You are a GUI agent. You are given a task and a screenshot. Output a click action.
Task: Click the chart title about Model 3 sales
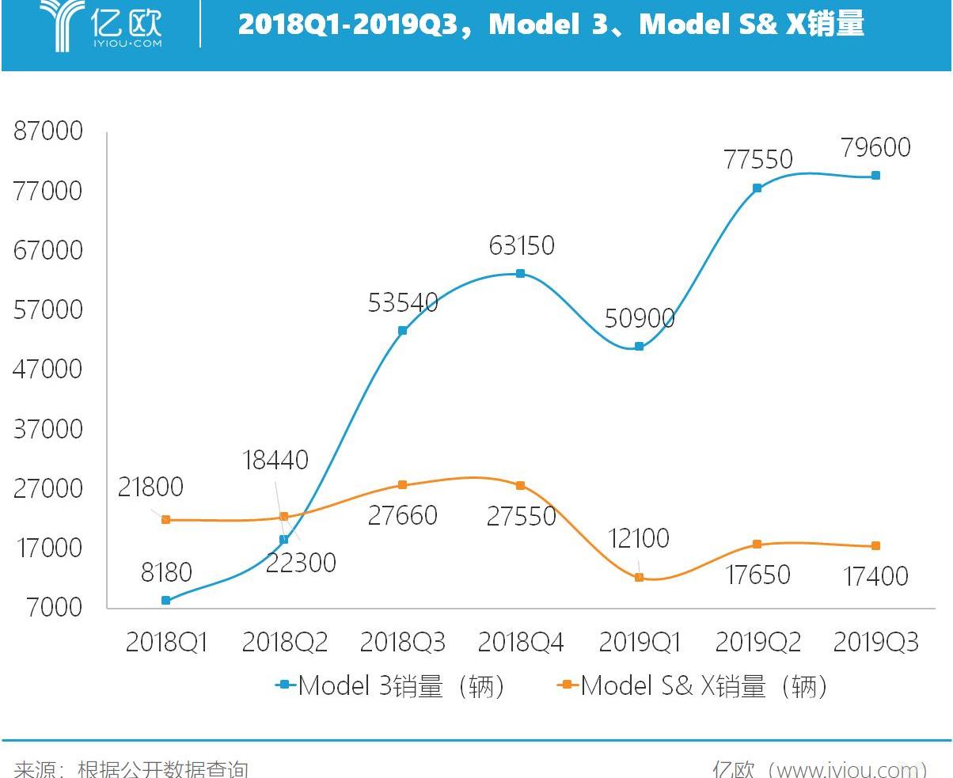[551, 24]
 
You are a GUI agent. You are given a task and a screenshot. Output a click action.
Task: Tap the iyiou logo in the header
[101, 25]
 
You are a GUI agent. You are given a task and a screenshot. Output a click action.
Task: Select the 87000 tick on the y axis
[48, 131]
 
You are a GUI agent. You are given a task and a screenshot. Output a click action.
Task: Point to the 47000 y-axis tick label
[48, 369]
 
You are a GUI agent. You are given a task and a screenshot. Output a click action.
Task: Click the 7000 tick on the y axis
[53, 607]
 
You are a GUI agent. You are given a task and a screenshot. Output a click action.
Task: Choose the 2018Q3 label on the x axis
[402, 642]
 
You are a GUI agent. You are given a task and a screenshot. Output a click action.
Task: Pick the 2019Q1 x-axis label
[639, 642]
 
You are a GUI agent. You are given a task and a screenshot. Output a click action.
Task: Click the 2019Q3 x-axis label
[875, 642]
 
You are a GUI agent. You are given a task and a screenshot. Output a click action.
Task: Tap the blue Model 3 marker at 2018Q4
[520, 274]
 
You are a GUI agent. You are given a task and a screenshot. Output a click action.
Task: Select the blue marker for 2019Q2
[757, 188]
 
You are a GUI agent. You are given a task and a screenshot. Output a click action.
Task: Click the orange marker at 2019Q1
[640, 578]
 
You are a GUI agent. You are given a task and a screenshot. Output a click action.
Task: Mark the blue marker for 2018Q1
[165, 601]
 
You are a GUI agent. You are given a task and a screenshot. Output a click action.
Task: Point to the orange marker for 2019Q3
[875, 546]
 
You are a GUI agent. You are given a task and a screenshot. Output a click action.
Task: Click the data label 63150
[521, 245]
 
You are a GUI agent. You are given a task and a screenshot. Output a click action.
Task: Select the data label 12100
[638, 538]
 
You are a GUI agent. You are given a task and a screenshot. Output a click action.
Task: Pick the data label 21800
[150, 487]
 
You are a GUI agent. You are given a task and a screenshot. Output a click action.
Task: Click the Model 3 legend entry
[389, 685]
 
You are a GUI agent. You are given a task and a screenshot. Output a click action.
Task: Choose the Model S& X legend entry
[692, 685]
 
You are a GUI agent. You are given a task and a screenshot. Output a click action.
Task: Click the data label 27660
[402, 515]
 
